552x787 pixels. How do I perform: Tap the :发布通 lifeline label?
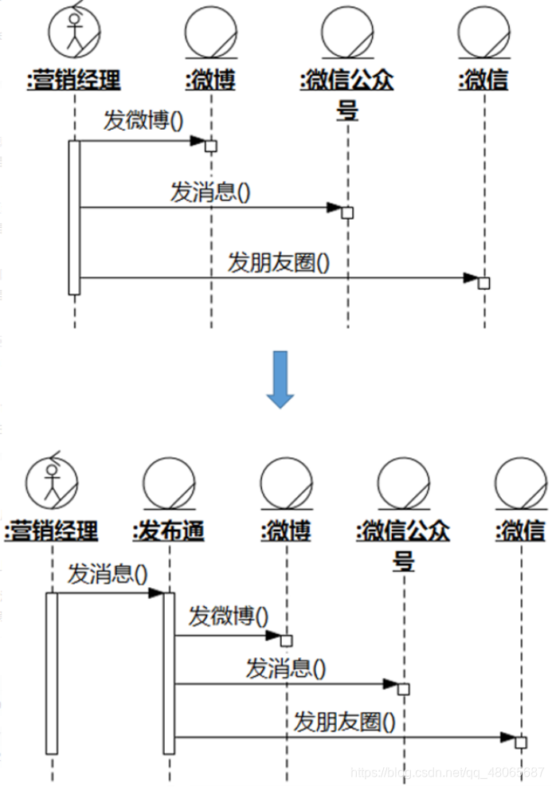[169, 530]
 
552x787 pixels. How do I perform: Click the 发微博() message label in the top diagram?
[143, 120]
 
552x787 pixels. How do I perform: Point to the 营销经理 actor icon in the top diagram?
[74, 30]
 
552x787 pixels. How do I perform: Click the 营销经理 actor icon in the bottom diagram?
[52, 482]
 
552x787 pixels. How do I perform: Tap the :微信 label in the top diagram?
[483, 80]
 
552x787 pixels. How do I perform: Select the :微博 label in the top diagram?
[210, 80]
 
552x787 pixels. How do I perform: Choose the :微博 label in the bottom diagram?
[285, 530]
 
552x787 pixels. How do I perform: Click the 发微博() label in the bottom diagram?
[229, 616]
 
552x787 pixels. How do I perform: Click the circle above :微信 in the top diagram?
[483, 30]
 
